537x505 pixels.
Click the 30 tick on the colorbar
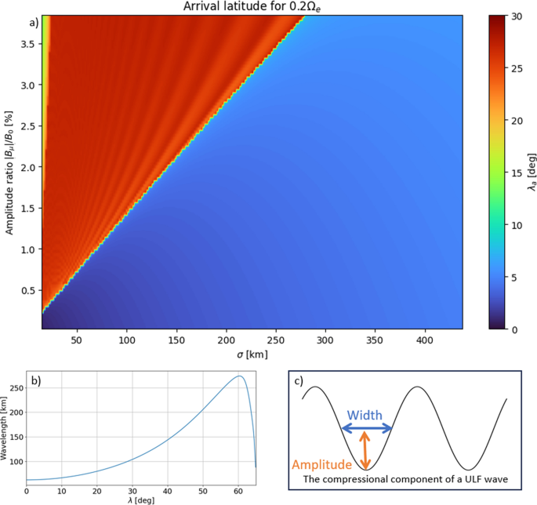(509, 16)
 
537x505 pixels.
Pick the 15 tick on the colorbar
(509, 173)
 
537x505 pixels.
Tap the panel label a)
(34, 22)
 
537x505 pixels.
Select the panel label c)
(299, 381)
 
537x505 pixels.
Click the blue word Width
(366, 415)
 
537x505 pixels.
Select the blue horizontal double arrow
(366, 428)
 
